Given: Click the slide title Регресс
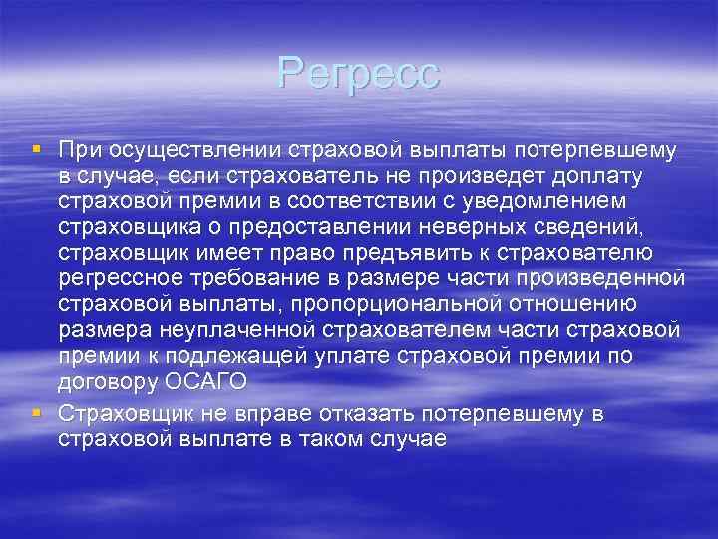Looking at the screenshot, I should pos(359,73).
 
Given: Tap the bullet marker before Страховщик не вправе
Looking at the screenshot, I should pos(36,413).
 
